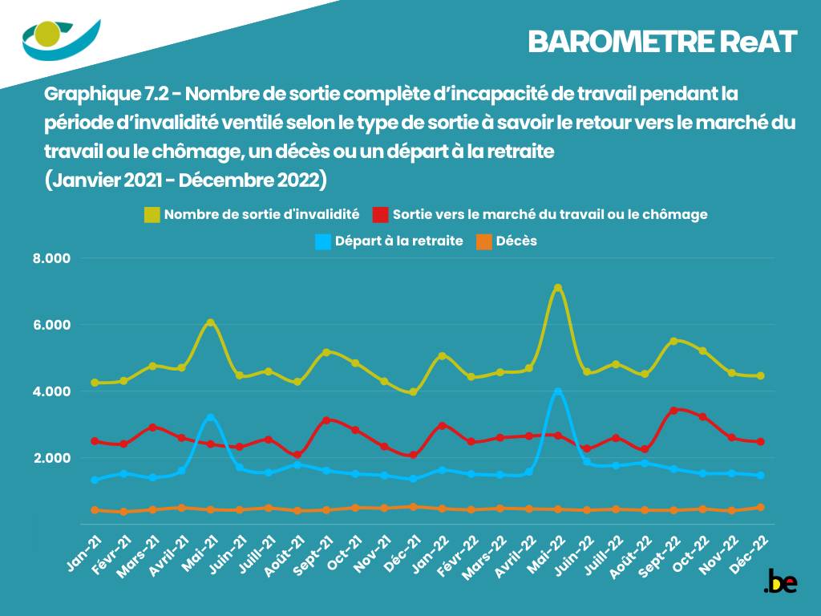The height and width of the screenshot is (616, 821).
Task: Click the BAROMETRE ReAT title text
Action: tap(662, 42)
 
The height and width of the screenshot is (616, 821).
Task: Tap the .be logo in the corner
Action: tap(780, 581)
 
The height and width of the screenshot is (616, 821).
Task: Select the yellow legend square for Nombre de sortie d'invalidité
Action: tap(152, 215)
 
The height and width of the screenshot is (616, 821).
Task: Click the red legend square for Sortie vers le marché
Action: tap(381, 215)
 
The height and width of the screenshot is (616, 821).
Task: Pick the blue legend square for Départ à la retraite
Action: tap(323, 241)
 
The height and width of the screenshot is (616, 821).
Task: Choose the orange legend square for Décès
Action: tap(484, 241)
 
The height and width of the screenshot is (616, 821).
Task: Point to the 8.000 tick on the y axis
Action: tap(52, 258)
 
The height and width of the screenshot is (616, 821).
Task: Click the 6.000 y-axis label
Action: tap(52, 325)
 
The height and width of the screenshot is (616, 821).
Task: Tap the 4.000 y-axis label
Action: tap(52, 391)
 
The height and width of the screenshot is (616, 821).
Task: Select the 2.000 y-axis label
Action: tap(52, 458)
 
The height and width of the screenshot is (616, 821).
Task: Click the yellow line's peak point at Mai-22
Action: tap(558, 288)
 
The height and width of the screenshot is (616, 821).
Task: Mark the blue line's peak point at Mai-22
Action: tap(558, 392)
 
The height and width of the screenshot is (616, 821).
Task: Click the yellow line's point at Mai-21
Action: tap(210, 322)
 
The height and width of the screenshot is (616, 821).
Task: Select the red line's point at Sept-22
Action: tap(674, 410)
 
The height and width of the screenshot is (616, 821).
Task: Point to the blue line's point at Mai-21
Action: tap(210, 417)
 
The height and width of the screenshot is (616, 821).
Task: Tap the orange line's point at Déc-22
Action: tap(761, 507)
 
